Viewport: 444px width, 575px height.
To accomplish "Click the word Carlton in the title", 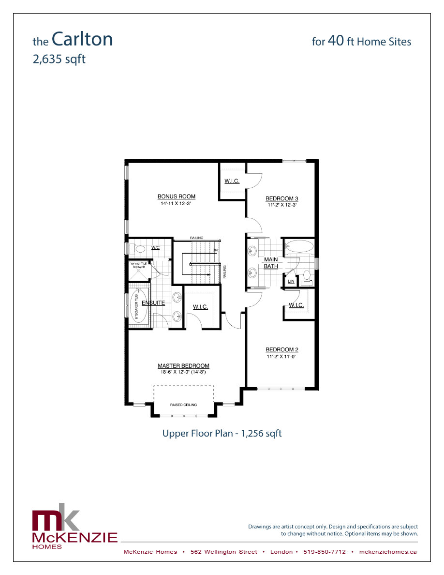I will [x=82, y=39].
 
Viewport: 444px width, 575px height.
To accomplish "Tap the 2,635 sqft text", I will [x=59, y=60].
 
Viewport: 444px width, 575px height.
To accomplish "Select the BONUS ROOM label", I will [x=176, y=197].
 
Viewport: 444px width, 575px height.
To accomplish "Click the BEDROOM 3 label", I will [x=281, y=198].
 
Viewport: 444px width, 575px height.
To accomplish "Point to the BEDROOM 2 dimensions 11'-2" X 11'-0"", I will [x=281, y=357].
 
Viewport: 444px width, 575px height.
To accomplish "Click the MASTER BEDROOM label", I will [x=183, y=366].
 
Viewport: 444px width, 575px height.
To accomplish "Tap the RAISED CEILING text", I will [x=183, y=405].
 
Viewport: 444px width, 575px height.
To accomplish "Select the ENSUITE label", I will [x=153, y=303].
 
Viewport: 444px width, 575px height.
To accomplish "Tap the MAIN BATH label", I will [x=271, y=263].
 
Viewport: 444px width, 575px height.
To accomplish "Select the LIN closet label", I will [x=291, y=281].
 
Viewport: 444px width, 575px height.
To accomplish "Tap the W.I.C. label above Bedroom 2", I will [x=296, y=305].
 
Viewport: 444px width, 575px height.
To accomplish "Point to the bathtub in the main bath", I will [x=298, y=247].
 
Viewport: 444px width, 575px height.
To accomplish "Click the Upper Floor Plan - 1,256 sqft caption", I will [x=222, y=433].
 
